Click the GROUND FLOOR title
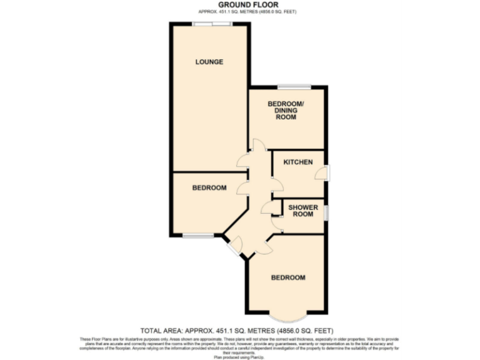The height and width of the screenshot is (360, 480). (239, 5)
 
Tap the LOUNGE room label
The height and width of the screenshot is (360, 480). (209, 62)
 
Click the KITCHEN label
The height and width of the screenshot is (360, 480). (297, 162)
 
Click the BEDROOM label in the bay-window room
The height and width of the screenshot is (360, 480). (287, 277)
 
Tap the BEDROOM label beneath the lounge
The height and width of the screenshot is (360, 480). (209, 187)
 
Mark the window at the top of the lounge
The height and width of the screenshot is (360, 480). (211, 24)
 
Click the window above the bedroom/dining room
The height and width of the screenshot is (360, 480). (294, 87)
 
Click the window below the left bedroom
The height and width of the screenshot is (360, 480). (197, 236)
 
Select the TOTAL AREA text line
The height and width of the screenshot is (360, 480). (239, 330)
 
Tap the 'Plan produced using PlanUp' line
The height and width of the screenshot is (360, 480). (239, 356)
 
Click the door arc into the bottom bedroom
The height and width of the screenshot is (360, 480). (264, 247)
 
